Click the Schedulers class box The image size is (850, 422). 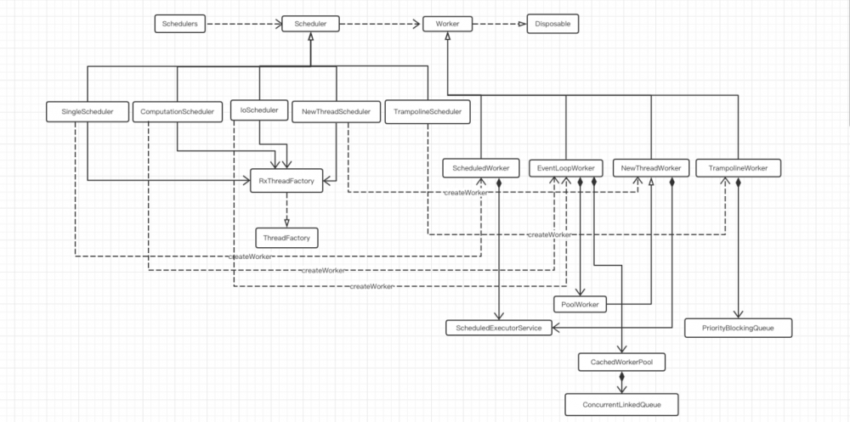pyautogui.click(x=180, y=24)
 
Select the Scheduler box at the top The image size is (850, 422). pyautogui.click(x=310, y=24)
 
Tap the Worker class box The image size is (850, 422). pyautogui.click(x=447, y=24)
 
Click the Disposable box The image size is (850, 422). pyautogui.click(x=552, y=24)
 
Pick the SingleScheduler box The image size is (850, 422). pyautogui.click(x=88, y=111)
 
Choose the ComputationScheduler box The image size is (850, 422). pyautogui.click(x=177, y=111)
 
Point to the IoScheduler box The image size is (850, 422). pyautogui.click(x=259, y=110)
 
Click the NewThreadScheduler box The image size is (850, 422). pyautogui.click(x=336, y=111)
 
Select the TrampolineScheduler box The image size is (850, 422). pyautogui.click(x=428, y=111)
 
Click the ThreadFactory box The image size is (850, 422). pyautogui.click(x=286, y=238)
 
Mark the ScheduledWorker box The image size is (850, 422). pyautogui.click(x=480, y=169)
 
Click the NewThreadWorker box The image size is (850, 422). pyautogui.click(x=651, y=169)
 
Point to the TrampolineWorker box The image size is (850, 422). pyautogui.click(x=738, y=169)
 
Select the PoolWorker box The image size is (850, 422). pyautogui.click(x=581, y=303)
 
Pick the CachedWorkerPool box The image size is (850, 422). pyautogui.click(x=621, y=363)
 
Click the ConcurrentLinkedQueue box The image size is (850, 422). pyautogui.click(x=623, y=405)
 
